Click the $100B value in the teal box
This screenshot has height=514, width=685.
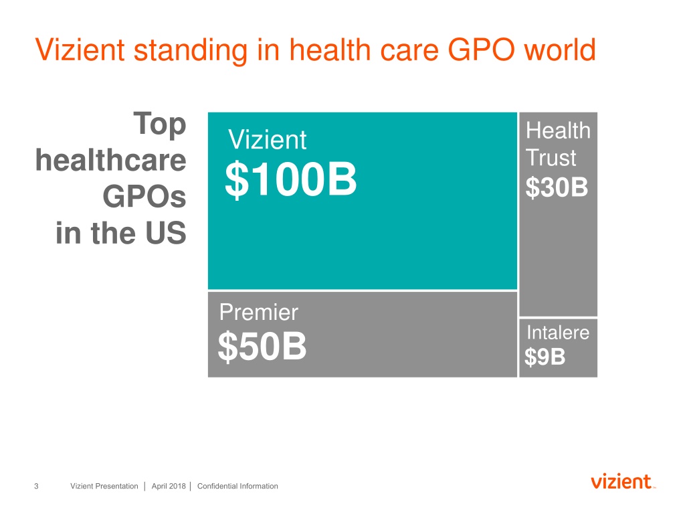coord(290,179)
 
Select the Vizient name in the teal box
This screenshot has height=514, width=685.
coord(267,140)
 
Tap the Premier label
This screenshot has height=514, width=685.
coord(259,312)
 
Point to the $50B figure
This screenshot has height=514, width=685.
coord(262,346)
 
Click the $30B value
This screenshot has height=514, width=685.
coord(557,187)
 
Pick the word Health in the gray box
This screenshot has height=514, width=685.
coord(558,131)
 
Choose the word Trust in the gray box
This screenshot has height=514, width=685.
coord(551,157)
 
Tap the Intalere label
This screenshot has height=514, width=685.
coord(558,333)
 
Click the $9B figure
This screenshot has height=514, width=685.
coord(545,357)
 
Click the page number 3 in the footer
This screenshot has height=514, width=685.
coord(36,486)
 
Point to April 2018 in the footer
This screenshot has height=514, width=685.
coord(169,486)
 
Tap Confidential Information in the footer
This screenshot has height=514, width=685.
coord(237,486)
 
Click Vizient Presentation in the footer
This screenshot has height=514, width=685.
coord(104,486)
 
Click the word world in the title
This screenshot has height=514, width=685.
coord(560,49)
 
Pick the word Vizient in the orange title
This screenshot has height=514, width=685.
coord(80,50)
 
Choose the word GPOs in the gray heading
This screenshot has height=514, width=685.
coord(144,197)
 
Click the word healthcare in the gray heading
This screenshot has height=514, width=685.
coord(111,160)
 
